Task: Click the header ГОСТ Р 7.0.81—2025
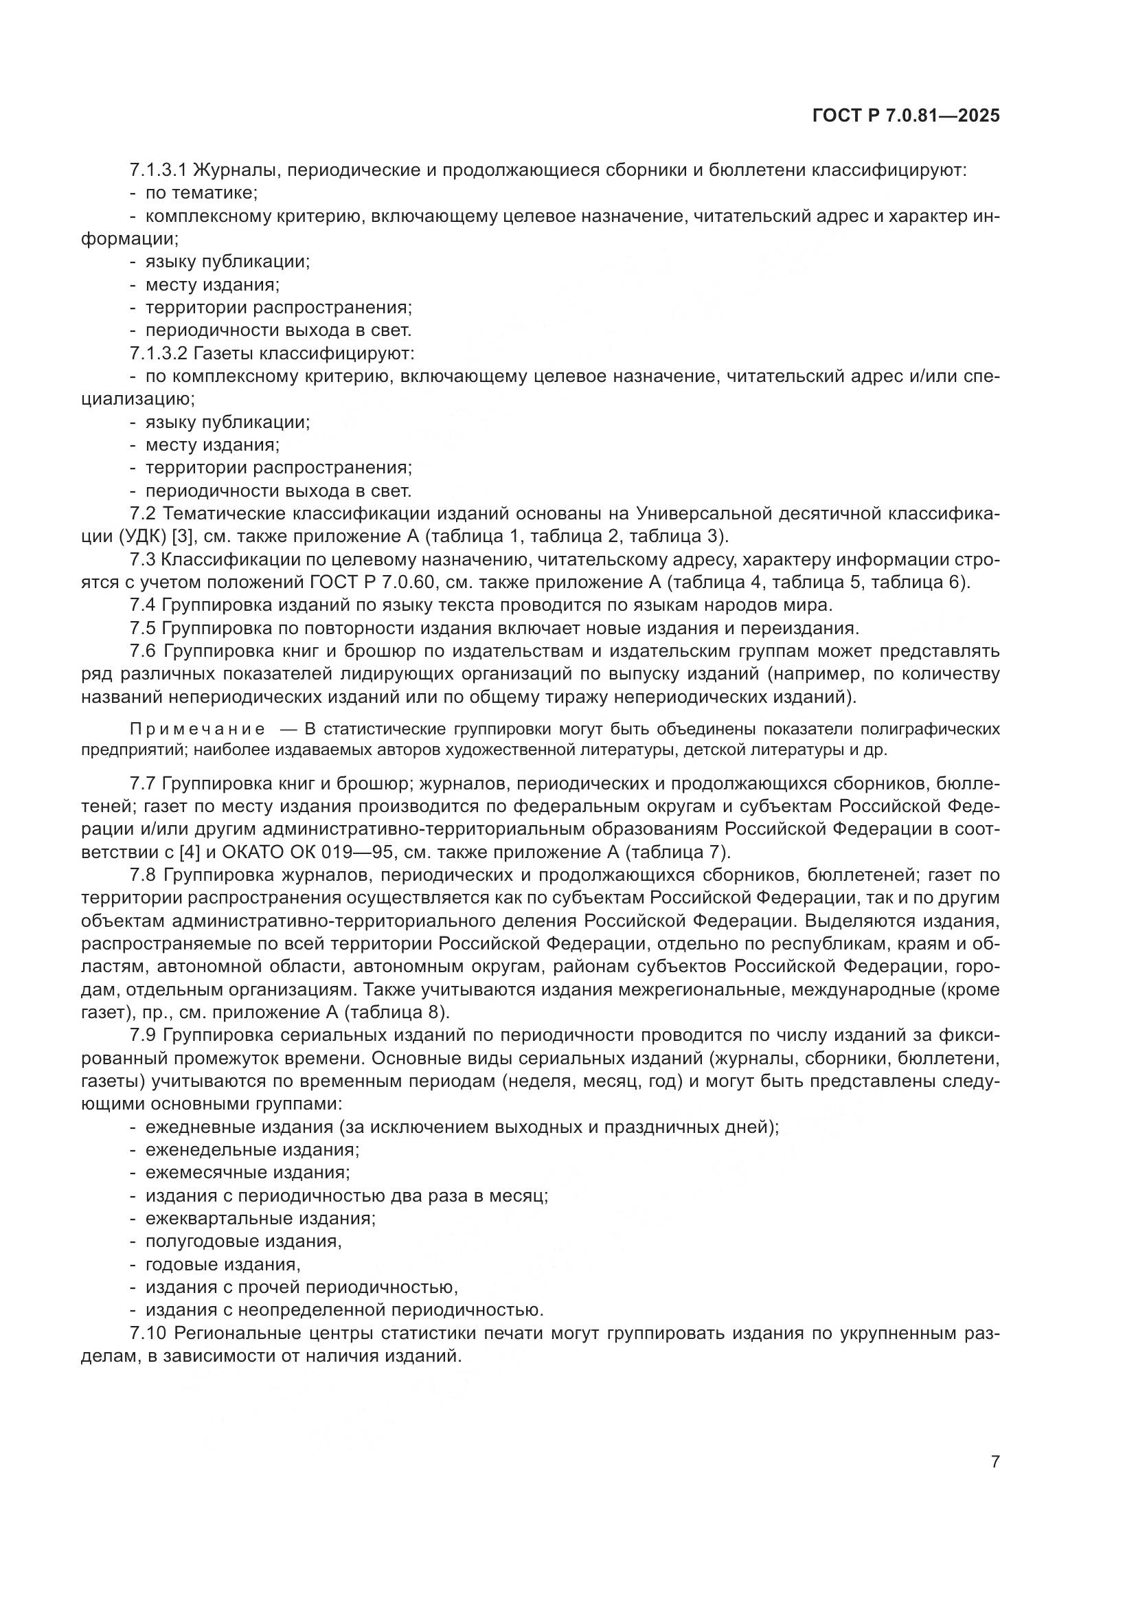(906, 116)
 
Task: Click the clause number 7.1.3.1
(158, 170)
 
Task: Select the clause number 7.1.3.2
(158, 353)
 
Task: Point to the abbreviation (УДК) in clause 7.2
(144, 537)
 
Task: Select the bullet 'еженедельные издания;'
(253, 1150)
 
